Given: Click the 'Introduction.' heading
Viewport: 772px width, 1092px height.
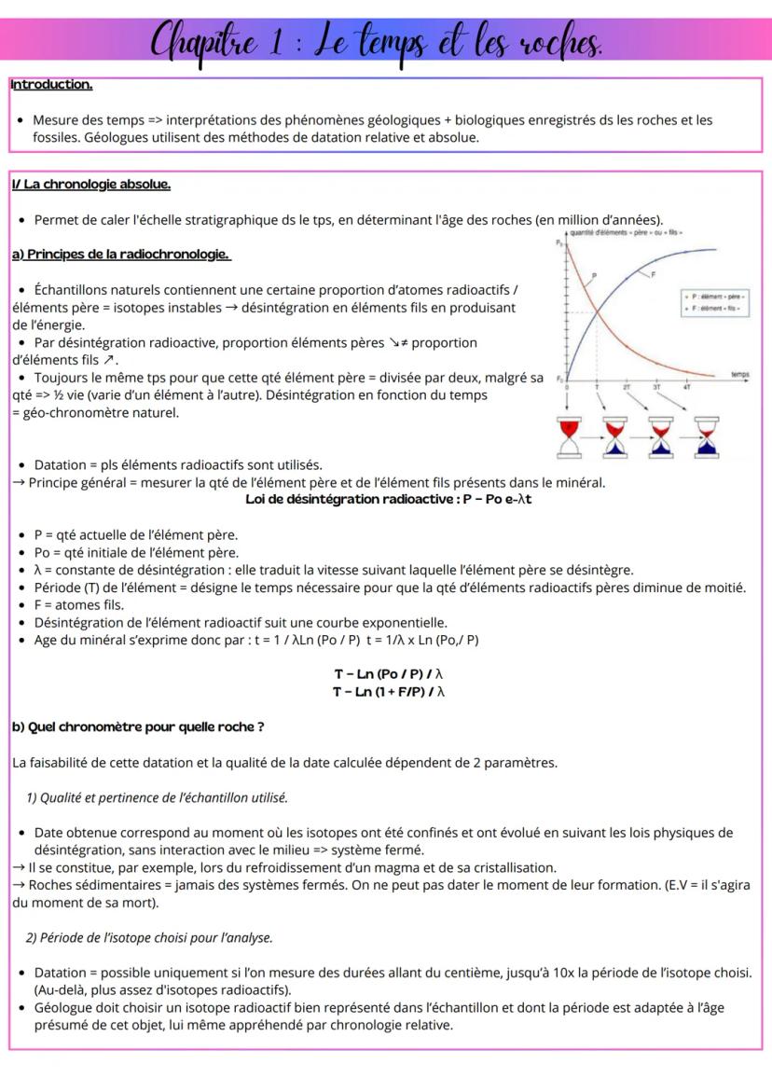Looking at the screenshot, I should pyautogui.click(x=51, y=85).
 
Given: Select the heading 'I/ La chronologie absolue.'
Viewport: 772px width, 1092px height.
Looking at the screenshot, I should pyautogui.click(x=90, y=185).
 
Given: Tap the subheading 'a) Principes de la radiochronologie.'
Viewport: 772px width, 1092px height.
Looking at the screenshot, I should pyautogui.click(x=120, y=254).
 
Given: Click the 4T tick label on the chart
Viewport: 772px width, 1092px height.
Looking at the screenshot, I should pyautogui.click(x=686, y=383).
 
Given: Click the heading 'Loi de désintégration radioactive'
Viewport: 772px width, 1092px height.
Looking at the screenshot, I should pyautogui.click(x=351, y=499).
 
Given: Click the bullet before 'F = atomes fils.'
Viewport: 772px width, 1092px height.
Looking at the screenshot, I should pyautogui.click(x=21, y=605).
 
